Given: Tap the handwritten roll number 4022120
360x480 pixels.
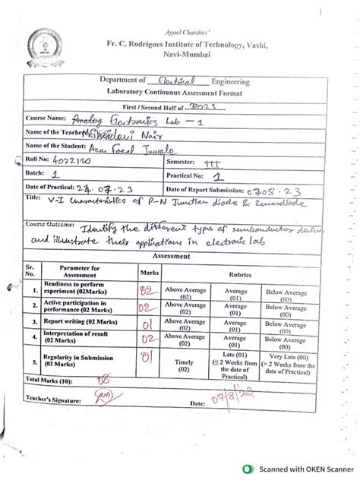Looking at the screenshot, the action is click(x=73, y=161).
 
